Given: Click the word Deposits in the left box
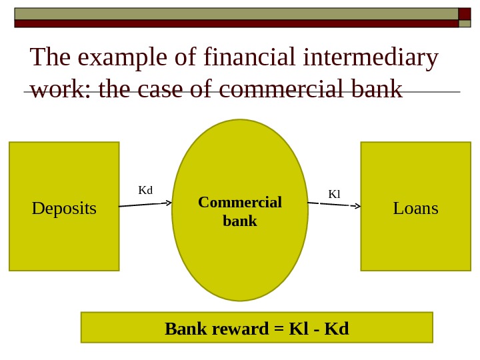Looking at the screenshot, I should pyautogui.click(x=64, y=209).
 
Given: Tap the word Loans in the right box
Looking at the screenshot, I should pyautogui.click(x=415, y=209).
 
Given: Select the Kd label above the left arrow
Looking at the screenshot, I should pyautogui.click(x=145, y=191).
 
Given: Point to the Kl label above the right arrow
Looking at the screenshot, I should pyautogui.click(x=334, y=194).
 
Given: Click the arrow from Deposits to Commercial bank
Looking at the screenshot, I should pyautogui.click(x=145, y=204).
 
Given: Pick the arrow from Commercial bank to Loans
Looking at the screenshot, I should pyautogui.click(x=334, y=204).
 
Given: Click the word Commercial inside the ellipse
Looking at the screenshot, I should pyautogui.click(x=240, y=202).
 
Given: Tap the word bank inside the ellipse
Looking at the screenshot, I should pyautogui.click(x=240, y=221).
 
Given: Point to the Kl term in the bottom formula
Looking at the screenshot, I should pyautogui.click(x=297, y=329).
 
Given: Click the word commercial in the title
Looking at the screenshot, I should pyautogui.click(x=277, y=89).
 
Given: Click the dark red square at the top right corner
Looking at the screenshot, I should pyautogui.click(x=465, y=14).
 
